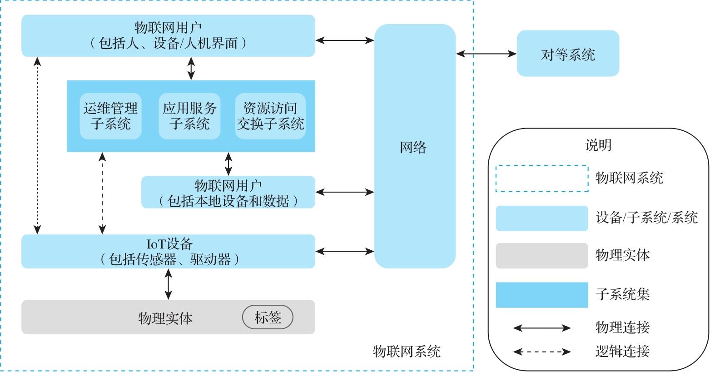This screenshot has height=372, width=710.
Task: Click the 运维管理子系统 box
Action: (110, 116)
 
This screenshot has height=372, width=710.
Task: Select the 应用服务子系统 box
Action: (189, 116)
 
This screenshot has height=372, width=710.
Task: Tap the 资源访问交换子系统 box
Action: (270, 116)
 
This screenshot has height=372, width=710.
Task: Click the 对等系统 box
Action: (568, 54)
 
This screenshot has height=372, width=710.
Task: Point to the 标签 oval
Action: (268, 317)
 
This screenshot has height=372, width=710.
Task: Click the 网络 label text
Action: (413, 147)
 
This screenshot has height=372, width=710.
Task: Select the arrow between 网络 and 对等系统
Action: (486, 54)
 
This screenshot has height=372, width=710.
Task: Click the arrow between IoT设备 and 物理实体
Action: (169, 284)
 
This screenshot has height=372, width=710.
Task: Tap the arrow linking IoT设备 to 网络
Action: (344, 251)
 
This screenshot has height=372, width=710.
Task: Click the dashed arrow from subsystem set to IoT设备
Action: (103, 193)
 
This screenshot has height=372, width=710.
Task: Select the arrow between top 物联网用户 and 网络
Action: (344, 40)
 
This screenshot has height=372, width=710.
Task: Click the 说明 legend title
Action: (598, 145)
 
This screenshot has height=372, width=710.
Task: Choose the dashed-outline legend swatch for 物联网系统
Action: (541, 179)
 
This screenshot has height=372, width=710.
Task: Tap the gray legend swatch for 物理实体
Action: (541, 256)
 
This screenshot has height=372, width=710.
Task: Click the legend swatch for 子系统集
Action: (541, 295)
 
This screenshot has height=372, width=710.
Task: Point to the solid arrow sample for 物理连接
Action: (542, 328)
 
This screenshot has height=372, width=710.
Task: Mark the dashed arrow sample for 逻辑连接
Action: (542, 351)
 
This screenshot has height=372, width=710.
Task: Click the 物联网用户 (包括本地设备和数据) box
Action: (228, 193)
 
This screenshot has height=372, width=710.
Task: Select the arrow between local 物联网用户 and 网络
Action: (344, 192)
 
